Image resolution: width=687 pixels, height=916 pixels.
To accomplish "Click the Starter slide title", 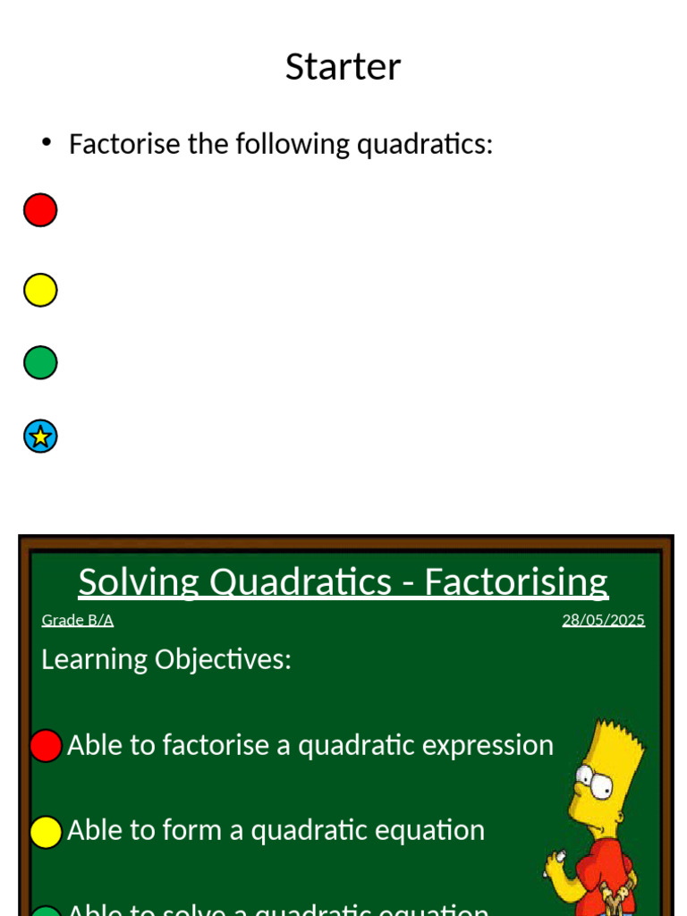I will (343, 67).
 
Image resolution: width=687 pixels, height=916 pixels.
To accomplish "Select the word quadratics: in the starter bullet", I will (424, 144).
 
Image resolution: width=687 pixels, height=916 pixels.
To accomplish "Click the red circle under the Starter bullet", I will (40, 210).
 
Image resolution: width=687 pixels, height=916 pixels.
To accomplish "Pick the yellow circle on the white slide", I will (40, 290).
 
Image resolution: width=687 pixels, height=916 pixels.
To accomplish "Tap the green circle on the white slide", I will (40, 363).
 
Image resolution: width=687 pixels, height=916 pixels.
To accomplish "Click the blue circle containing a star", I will (40, 437).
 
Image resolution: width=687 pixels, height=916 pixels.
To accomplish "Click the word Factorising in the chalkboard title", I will (516, 582).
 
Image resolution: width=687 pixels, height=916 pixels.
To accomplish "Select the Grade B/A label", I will (78, 621).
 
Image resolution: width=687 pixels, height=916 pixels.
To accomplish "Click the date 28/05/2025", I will (603, 621).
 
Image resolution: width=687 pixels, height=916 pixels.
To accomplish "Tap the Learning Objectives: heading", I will (166, 659).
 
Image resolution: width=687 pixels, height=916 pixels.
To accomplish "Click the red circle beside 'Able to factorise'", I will (46, 746).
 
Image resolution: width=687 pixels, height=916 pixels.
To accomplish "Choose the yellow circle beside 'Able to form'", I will (46, 832).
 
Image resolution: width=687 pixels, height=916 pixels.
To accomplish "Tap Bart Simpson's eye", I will (600, 787).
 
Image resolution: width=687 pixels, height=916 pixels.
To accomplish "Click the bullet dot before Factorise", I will (47, 143).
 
